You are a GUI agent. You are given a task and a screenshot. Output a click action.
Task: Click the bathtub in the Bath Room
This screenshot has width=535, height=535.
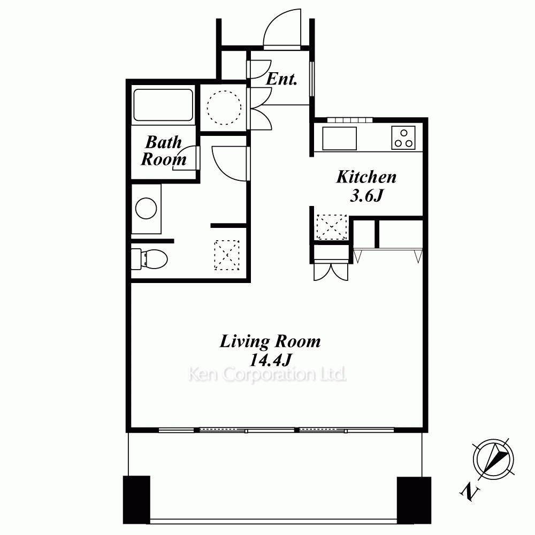coord(163,105)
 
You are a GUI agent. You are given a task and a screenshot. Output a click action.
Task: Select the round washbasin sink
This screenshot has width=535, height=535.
coord(146,208)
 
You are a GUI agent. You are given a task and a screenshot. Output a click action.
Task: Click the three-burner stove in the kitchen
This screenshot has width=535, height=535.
coord(403,137)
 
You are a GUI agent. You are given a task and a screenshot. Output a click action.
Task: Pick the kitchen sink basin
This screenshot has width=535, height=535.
coord(340,138)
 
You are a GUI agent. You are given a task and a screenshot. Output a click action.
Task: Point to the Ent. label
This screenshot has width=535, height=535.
coord(281,79)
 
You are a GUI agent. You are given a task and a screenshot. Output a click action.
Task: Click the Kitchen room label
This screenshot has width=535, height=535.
coord(366,177)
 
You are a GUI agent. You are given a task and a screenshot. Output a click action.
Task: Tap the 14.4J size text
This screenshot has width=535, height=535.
coord(271,360)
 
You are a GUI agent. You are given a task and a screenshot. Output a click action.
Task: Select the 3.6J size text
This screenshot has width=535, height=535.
coord(366,195)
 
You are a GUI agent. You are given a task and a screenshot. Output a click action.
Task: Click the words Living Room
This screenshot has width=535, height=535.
coord(270,341)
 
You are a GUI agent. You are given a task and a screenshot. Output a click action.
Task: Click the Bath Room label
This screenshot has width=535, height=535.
coord(163,150)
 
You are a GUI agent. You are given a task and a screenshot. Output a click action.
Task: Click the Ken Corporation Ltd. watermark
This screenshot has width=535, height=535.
coord(267,374)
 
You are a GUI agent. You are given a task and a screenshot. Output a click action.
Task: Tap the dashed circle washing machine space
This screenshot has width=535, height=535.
coord(224,108)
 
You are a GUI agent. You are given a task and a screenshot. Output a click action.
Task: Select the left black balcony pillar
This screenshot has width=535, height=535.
coord(136,500)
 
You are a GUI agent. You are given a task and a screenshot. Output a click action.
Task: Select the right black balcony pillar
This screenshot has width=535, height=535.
coord(414,500)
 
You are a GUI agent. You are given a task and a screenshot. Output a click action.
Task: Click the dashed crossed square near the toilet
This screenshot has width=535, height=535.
coord(226,255)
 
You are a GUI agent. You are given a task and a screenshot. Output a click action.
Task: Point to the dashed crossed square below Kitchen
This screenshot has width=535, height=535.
coord(332,227)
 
